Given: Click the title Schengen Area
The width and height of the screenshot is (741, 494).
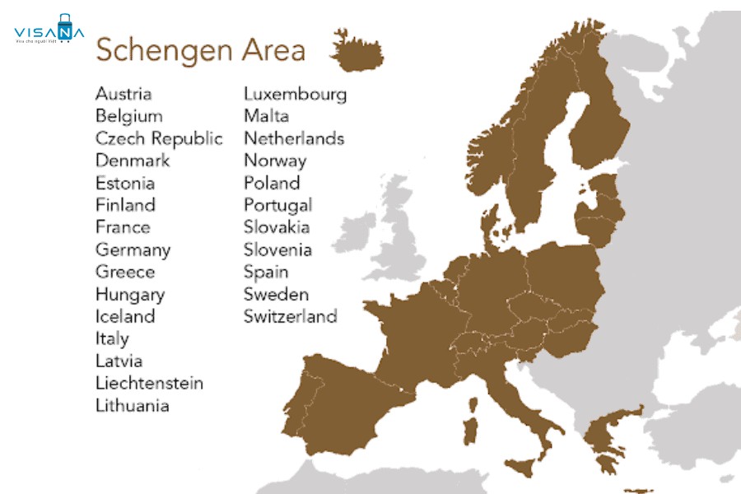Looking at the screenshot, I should coord(200,50).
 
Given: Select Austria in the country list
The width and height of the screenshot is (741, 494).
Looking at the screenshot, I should coord(123,94).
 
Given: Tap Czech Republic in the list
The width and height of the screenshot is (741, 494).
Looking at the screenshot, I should coord(159,138).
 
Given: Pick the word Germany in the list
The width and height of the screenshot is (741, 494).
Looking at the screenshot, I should coord(133,249).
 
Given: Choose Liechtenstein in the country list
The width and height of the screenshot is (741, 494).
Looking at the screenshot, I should coord(149,383).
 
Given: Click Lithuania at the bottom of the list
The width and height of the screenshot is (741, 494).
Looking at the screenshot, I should coord(132,405).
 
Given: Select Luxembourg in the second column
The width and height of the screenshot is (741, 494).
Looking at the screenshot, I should coord(295,94).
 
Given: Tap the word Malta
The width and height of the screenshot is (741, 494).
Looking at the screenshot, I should coord(266,116).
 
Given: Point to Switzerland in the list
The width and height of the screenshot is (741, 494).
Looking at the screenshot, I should coord(290,316).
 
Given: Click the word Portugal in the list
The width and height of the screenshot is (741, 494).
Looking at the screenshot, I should coord(277,205).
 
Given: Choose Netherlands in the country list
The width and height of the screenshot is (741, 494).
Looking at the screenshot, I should coord(293,138).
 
